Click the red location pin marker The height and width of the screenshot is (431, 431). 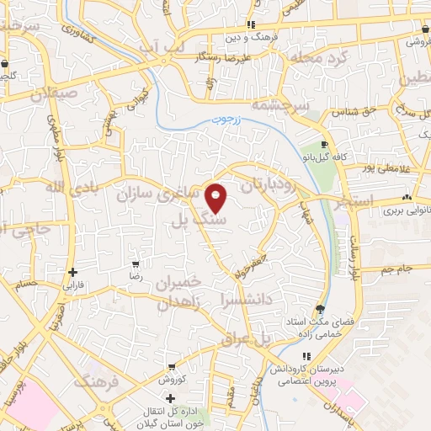coord(216,197)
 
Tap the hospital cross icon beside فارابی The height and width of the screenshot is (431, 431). coord(74,273)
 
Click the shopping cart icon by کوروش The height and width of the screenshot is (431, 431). coord(172,367)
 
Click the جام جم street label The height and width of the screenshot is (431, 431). coord(393,269)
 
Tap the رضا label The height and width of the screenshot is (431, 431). coord(134,275)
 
